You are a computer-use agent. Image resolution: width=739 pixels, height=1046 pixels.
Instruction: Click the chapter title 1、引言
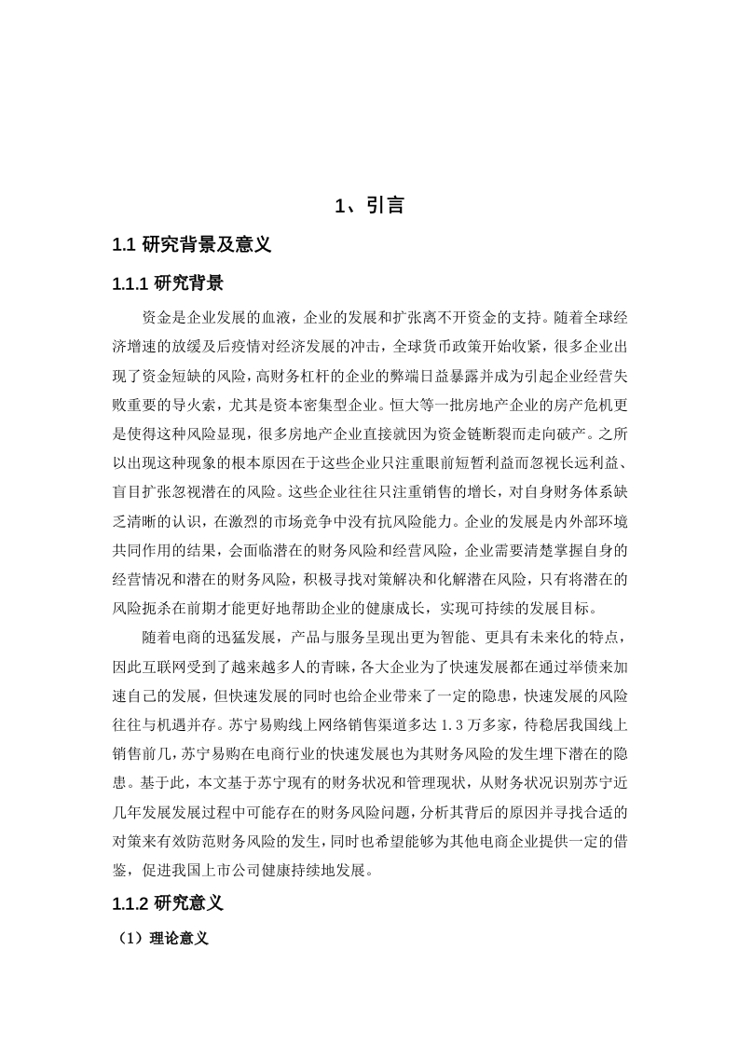click(x=369, y=206)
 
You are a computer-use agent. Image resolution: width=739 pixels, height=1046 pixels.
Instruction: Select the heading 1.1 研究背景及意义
click(x=191, y=245)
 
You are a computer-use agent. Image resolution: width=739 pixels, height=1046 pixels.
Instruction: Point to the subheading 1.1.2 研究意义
click(x=167, y=902)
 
